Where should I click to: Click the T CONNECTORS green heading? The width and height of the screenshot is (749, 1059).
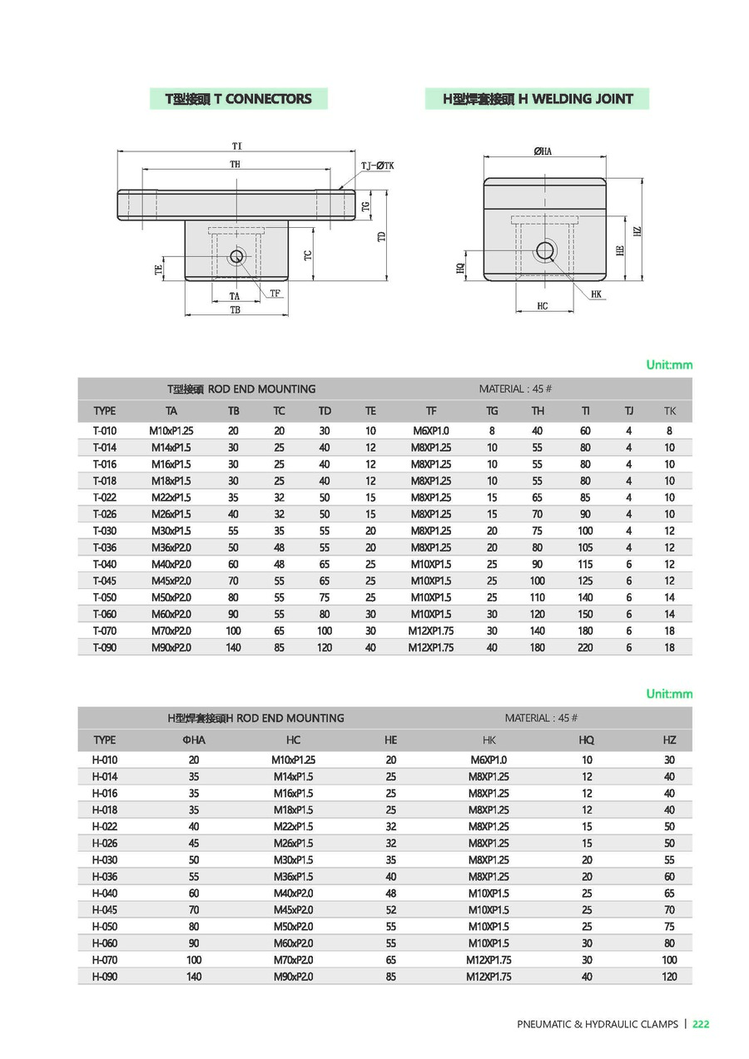(238, 99)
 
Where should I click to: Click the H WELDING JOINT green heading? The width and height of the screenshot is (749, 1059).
(538, 99)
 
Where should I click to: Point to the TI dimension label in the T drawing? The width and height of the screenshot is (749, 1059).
(237, 146)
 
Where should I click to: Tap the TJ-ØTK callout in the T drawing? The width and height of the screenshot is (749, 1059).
(377, 166)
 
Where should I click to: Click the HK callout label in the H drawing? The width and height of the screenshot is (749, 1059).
(597, 294)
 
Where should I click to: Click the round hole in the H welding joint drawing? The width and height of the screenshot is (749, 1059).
(545, 250)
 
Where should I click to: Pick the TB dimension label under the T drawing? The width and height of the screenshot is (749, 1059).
(236, 309)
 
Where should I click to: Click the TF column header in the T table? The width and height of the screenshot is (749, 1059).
(431, 410)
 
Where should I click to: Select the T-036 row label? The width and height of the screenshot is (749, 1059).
(105, 547)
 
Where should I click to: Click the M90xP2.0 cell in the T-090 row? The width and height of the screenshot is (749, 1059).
(171, 647)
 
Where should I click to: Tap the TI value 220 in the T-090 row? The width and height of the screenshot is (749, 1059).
(586, 647)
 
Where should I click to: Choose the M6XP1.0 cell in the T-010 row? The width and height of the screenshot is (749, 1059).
(431, 431)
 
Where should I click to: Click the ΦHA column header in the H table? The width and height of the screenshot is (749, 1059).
(194, 740)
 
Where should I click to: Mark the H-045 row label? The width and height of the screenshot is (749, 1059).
(105, 910)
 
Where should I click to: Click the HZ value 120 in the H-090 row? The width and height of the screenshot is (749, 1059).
(669, 977)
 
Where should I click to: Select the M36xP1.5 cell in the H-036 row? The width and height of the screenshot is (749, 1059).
(293, 877)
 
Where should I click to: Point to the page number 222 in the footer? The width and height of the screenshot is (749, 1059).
(701, 1024)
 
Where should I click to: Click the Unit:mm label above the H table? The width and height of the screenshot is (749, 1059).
(669, 694)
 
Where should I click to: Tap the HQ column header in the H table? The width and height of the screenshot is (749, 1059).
(587, 740)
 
